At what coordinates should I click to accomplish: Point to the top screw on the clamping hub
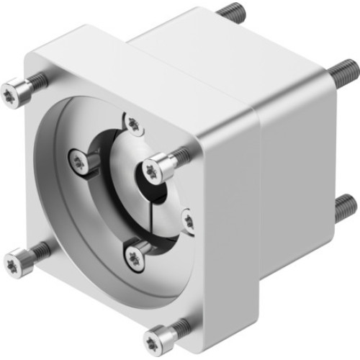[134, 124]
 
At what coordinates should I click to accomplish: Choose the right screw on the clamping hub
[188, 219]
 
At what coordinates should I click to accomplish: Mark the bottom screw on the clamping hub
[135, 253]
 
